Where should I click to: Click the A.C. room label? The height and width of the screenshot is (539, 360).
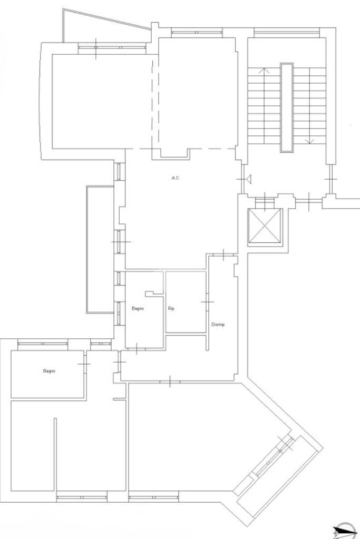(x=176, y=178)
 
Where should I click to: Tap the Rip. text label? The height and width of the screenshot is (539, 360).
(x=171, y=309)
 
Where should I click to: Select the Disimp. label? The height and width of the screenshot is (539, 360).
(x=218, y=325)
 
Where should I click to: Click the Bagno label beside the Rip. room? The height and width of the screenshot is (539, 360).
(x=138, y=309)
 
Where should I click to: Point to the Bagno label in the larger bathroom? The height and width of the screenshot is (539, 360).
(x=49, y=371)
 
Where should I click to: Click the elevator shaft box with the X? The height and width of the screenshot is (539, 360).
(x=265, y=226)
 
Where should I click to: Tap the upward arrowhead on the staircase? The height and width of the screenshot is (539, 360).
(x=264, y=71)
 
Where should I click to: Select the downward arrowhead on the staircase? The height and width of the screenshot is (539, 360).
(x=309, y=141)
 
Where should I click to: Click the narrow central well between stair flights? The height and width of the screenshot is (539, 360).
(x=287, y=107)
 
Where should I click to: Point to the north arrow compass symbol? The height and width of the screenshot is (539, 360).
(x=346, y=531)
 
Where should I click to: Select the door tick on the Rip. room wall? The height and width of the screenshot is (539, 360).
(x=207, y=302)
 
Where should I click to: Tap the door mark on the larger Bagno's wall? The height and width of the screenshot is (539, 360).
(x=84, y=364)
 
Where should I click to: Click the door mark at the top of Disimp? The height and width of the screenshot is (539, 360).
(x=223, y=254)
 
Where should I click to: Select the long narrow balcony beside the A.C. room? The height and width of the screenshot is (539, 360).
(x=100, y=250)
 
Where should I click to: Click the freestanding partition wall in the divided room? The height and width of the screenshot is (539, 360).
(x=55, y=454)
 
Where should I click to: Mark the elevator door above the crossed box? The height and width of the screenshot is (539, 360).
(x=265, y=202)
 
